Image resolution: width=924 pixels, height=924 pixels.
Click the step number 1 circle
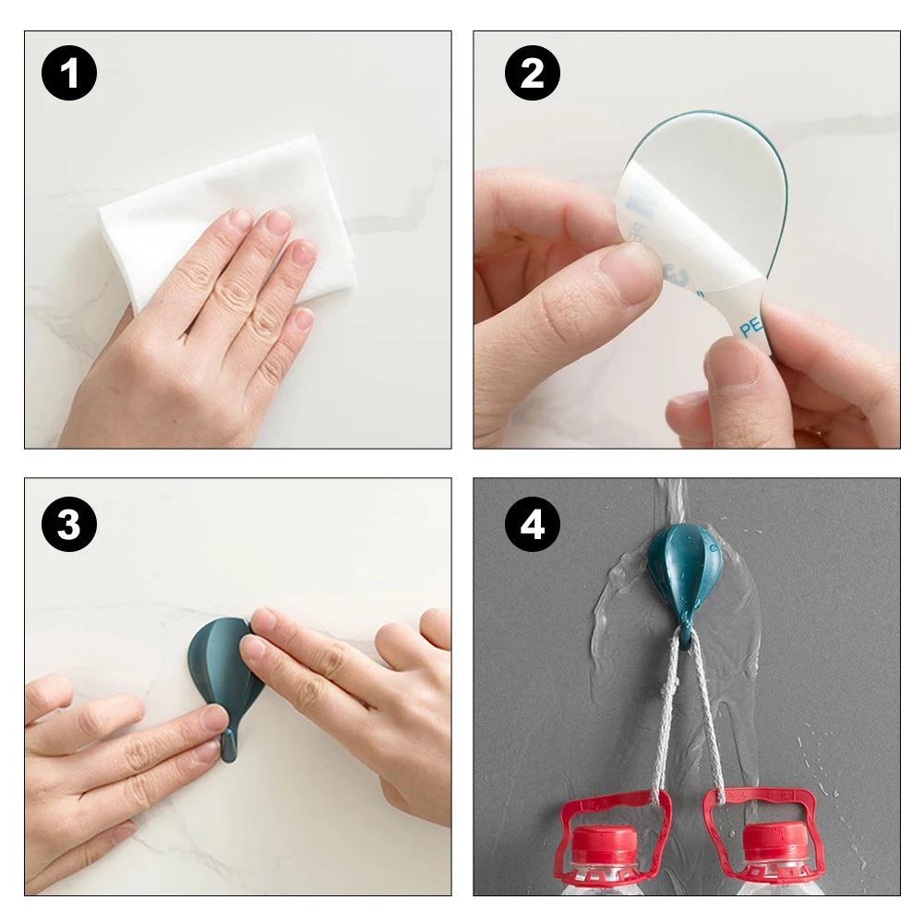(69, 74)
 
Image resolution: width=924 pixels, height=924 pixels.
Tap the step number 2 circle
(533, 74)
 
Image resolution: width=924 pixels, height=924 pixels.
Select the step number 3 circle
(69, 524)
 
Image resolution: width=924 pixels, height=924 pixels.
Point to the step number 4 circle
(533, 524)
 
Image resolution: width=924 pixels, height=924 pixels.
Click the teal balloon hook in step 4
(684, 570)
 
